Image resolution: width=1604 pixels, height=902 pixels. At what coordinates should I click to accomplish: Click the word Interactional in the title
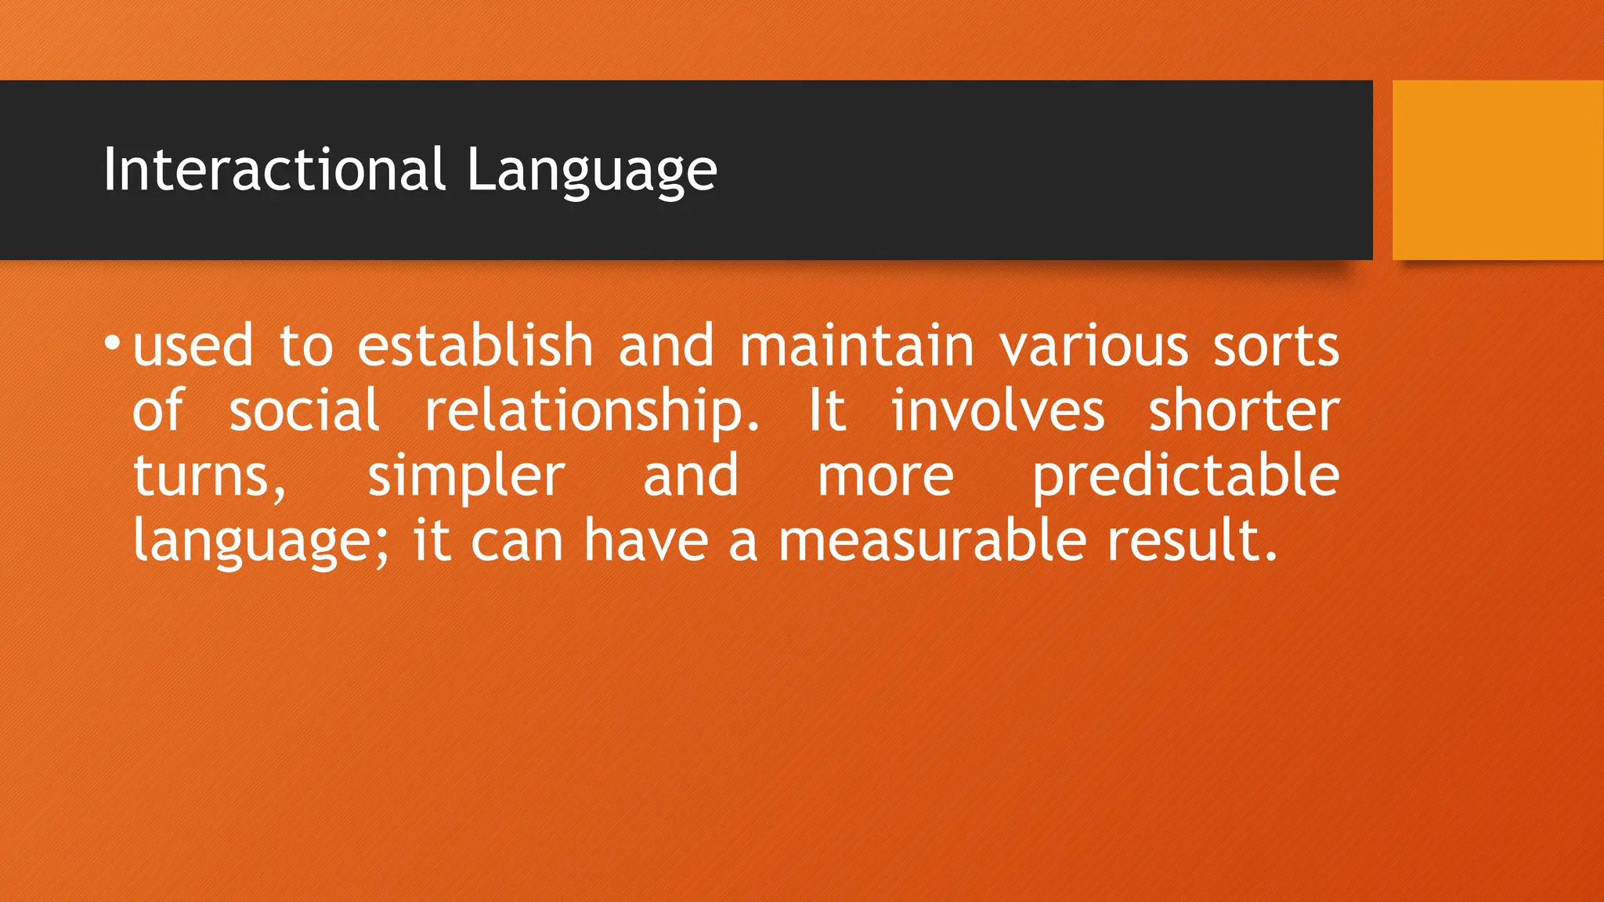(x=274, y=170)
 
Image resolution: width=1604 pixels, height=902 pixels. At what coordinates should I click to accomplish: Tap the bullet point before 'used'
(x=113, y=344)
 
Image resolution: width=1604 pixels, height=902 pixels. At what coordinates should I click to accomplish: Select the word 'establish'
(x=475, y=345)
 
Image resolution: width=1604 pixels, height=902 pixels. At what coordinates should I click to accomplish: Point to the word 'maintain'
(x=857, y=345)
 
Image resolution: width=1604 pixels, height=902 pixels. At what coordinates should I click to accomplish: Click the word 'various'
(x=1093, y=347)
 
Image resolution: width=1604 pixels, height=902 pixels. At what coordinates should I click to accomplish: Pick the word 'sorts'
(x=1276, y=347)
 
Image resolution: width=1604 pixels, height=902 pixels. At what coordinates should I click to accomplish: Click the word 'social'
(x=304, y=410)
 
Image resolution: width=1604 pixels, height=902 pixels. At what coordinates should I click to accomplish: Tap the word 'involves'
(x=998, y=410)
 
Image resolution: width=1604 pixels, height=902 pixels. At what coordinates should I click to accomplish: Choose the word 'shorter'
(x=1244, y=410)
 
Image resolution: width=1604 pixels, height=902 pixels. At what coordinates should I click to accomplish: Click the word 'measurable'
(x=932, y=540)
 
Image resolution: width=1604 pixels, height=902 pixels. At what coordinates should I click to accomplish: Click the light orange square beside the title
(x=1497, y=170)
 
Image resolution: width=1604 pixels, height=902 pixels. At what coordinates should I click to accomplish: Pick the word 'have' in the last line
(x=646, y=540)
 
